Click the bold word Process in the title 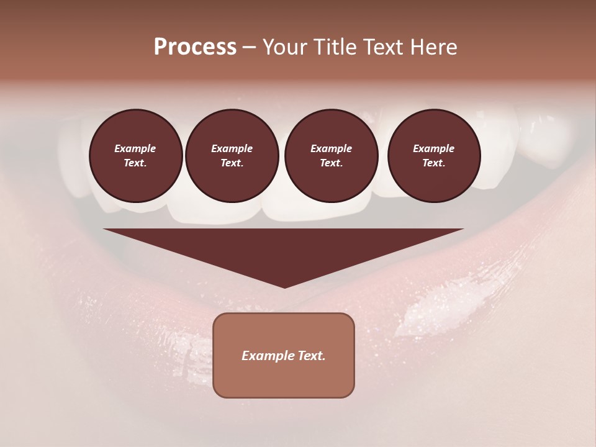[195, 47]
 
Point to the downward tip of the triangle [284, 286]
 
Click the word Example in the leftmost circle [135, 148]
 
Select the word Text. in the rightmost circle [433, 163]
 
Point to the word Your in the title [283, 47]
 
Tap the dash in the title [249, 47]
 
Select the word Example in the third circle [331, 148]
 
